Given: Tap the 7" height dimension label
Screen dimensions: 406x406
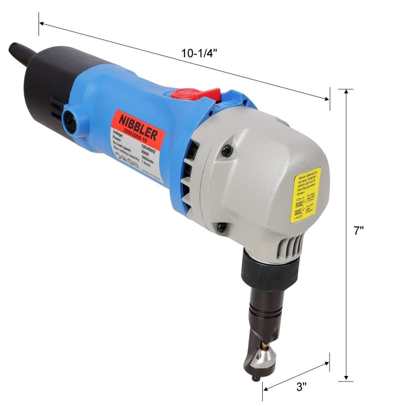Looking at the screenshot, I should [x=359, y=231].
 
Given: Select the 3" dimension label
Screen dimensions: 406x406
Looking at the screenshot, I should [x=302, y=386].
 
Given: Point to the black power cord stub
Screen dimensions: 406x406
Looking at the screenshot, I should [x=19, y=53].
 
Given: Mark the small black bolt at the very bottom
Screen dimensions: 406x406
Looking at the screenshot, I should [x=255, y=378].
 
